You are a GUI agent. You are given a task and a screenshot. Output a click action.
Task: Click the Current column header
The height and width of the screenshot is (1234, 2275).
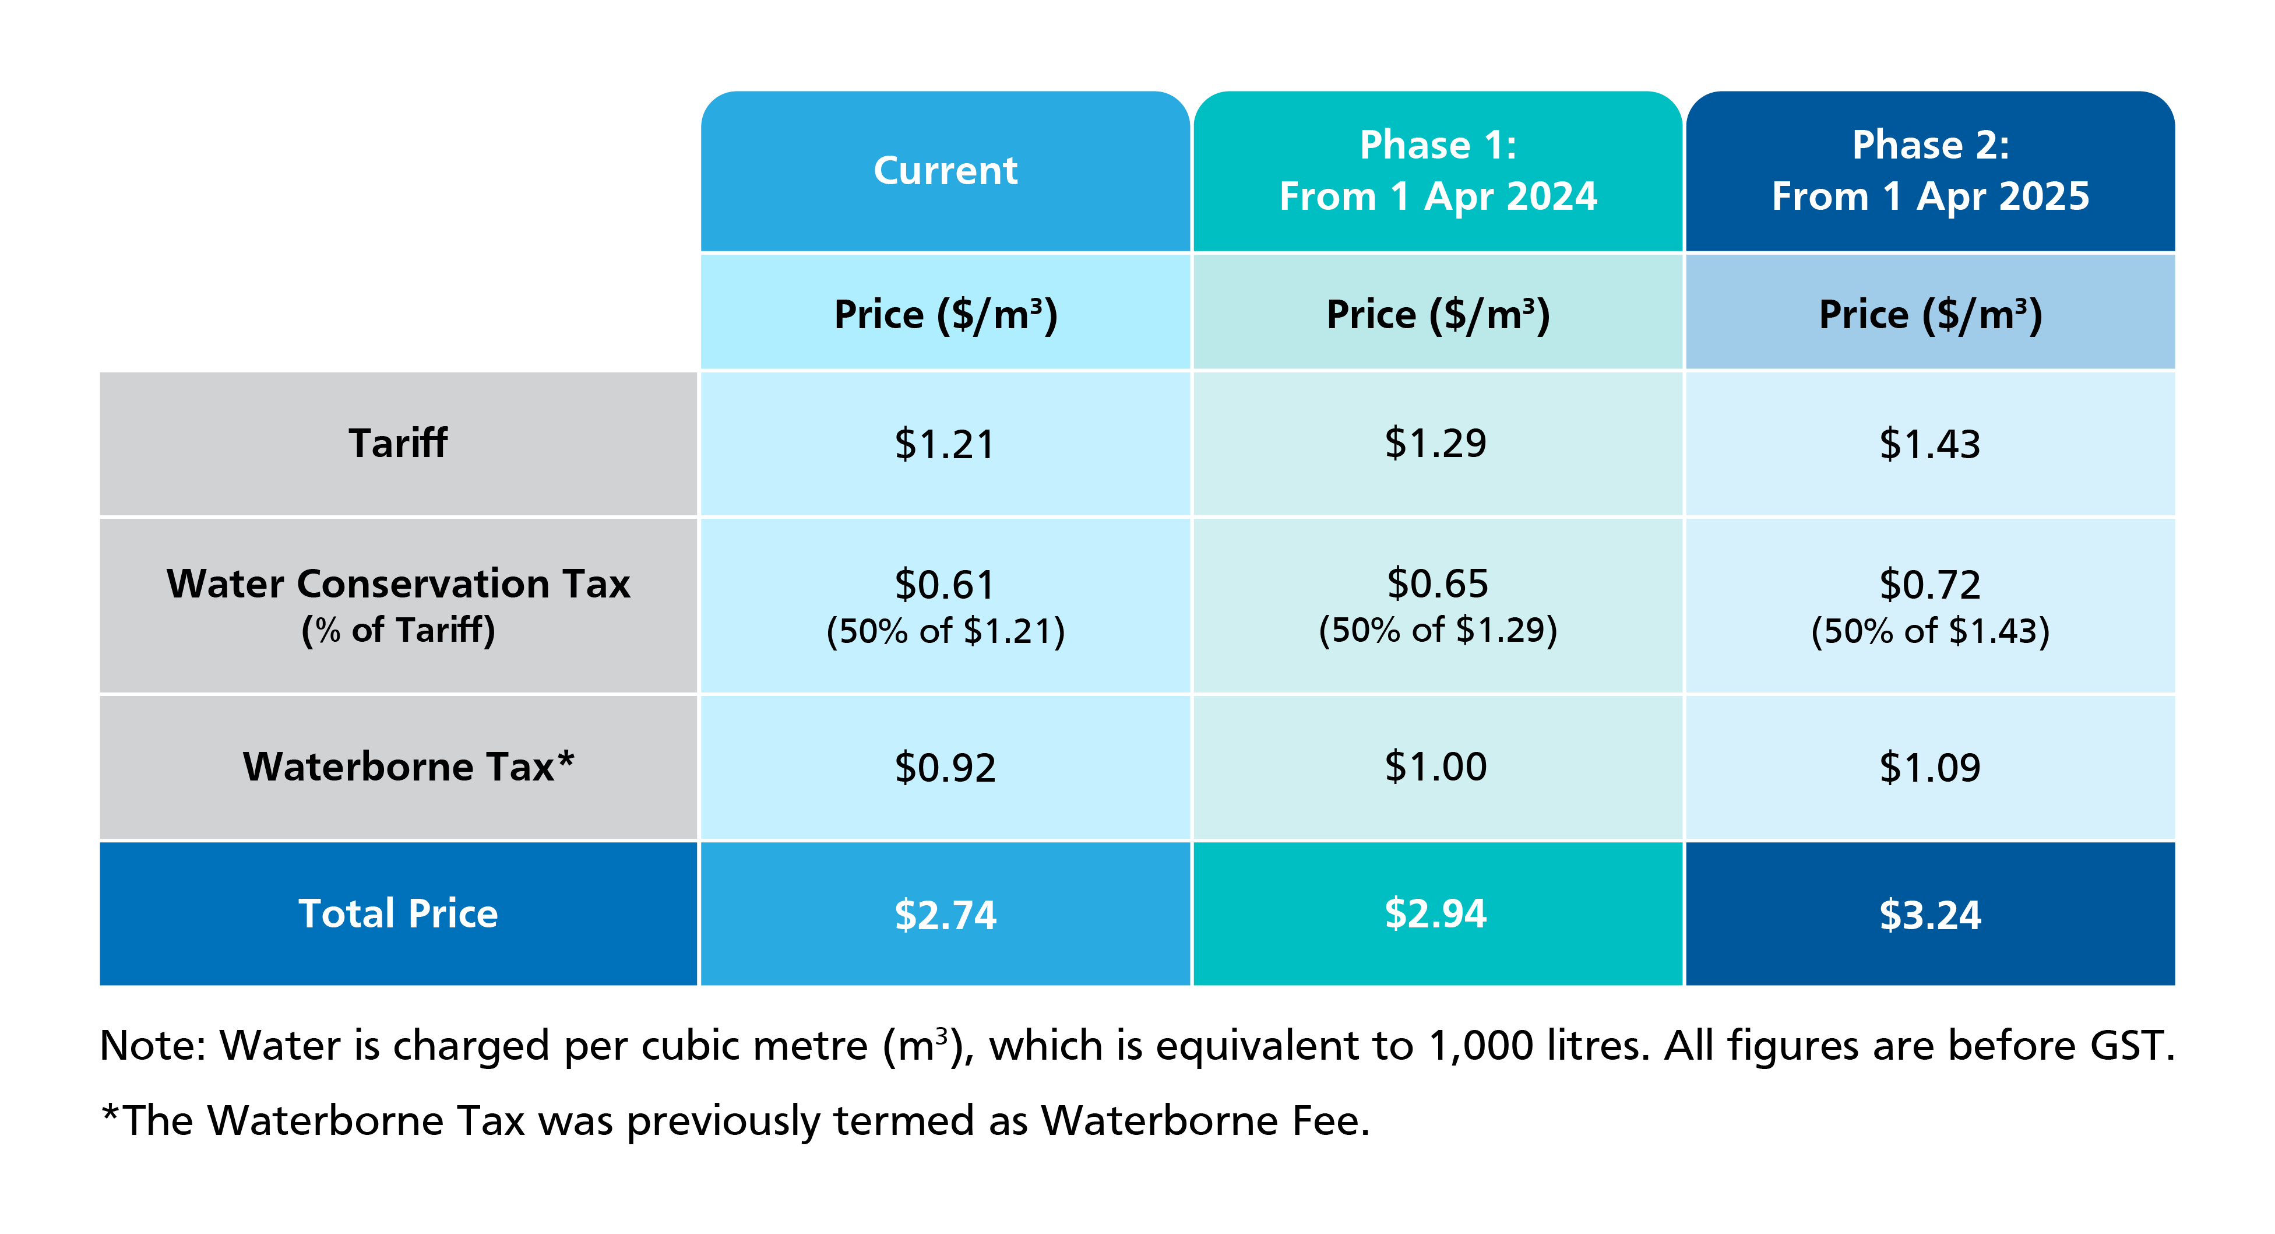coord(945,170)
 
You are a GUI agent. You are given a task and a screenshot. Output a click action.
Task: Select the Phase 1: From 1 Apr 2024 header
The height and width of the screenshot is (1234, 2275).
coord(1438,170)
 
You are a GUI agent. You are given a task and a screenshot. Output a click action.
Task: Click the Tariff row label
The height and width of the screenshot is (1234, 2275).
coord(399,444)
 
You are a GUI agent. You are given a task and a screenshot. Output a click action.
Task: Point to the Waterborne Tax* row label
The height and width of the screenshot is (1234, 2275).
coord(408,767)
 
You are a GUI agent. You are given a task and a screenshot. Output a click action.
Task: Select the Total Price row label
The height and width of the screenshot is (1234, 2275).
coord(399,913)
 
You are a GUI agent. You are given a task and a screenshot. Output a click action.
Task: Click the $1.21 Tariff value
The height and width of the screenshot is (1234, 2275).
coord(945,444)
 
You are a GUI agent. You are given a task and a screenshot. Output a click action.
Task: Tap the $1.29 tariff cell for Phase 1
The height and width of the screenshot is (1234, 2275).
coord(1436,444)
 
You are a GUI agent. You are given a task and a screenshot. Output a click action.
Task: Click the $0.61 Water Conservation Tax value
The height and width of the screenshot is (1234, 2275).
coord(945,585)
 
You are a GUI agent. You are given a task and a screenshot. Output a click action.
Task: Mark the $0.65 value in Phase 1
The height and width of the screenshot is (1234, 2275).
coord(1438,584)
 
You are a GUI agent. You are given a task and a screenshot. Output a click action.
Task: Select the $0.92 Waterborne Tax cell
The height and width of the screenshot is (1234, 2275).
coord(945,767)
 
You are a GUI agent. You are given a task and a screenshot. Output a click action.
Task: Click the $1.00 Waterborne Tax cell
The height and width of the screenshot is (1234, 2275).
coord(1436,767)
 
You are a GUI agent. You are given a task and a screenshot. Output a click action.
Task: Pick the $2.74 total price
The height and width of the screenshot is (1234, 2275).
coord(945,914)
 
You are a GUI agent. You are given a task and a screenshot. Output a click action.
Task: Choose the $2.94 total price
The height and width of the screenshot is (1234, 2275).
coord(1436,913)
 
